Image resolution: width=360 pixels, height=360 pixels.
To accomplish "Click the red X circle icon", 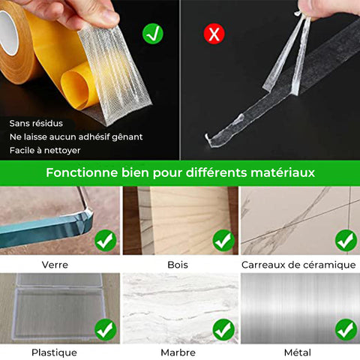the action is tap(214, 34).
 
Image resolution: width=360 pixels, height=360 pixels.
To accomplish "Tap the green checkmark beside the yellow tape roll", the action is tap(153, 34).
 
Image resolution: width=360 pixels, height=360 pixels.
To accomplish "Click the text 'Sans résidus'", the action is tap(36, 123).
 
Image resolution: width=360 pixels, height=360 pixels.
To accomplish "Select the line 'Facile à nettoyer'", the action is tap(45, 150).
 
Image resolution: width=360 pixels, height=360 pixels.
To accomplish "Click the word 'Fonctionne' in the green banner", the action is tap(82, 172).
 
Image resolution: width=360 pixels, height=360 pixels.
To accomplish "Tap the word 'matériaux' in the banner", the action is tap(283, 172).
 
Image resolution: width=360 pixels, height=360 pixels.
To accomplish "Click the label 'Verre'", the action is tap(55, 265).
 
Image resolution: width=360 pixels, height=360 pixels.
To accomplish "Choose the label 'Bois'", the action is tap(178, 265).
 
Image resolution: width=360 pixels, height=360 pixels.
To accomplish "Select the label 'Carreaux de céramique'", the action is tap(298, 265).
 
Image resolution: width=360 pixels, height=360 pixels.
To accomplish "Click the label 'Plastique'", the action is tap(54, 352).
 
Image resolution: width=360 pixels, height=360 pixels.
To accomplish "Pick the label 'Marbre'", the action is tap(178, 352).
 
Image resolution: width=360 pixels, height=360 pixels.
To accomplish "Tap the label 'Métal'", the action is tap(298, 352).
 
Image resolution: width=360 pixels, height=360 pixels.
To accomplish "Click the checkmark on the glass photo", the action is tap(106, 241).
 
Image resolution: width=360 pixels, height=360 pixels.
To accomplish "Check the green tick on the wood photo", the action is tap(223, 241).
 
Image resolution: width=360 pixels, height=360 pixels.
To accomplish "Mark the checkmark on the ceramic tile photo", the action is tap(346, 241).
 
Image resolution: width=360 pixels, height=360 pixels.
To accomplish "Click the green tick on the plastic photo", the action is tap(106, 330).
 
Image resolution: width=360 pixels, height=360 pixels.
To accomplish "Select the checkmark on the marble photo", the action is tap(223, 330).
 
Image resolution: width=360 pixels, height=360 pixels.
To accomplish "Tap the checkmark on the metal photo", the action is tap(346, 330).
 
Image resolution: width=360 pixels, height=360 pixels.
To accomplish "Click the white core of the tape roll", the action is tap(8, 32).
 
